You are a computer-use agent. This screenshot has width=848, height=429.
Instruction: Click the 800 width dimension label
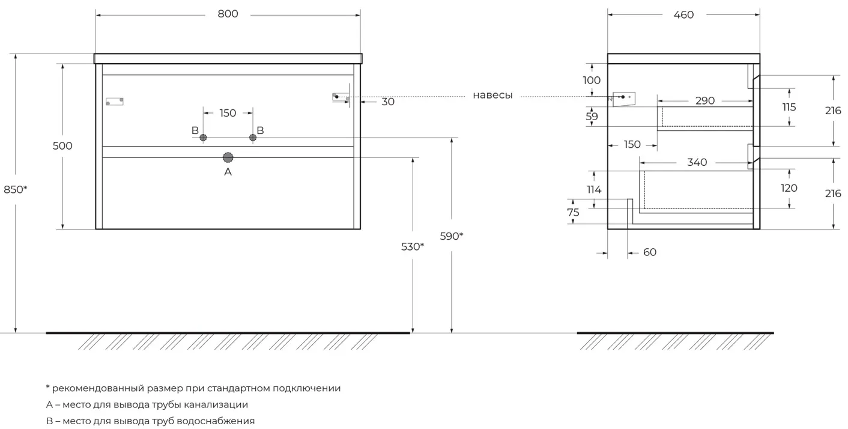[x=228, y=14]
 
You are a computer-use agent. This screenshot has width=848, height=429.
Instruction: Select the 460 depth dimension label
[x=683, y=14]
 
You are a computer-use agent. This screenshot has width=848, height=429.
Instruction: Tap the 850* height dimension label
[x=16, y=189]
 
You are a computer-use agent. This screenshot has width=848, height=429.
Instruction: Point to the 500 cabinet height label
[x=62, y=145]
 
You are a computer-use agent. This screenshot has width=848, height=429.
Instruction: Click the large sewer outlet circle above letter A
[x=228, y=157]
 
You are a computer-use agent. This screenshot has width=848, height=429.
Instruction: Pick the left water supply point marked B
[x=203, y=138]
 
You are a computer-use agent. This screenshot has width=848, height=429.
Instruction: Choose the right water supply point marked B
[x=253, y=138]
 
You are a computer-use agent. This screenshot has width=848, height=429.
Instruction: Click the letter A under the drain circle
[x=228, y=172]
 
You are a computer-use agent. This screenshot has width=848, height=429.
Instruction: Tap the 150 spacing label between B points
[x=228, y=113]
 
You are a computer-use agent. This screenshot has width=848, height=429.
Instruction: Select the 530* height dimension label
[x=413, y=246]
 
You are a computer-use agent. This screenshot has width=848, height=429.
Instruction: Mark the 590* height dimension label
[x=452, y=236]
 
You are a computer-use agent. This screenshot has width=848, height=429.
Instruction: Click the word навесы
[x=492, y=96]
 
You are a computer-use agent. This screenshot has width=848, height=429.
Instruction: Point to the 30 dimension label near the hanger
[x=388, y=102]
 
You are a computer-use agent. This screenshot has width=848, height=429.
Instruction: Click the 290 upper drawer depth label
[x=705, y=101]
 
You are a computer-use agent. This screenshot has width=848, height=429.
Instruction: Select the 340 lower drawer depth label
[x=697, y=162]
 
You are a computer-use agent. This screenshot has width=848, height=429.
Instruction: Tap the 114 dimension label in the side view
[x=593, y=190]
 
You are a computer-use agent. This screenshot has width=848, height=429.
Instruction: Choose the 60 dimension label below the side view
[x=650, y=252]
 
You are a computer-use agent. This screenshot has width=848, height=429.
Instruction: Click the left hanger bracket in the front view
[x=114, y=101]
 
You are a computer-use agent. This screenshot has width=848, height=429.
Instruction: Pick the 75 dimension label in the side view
[x=573, y=212]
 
